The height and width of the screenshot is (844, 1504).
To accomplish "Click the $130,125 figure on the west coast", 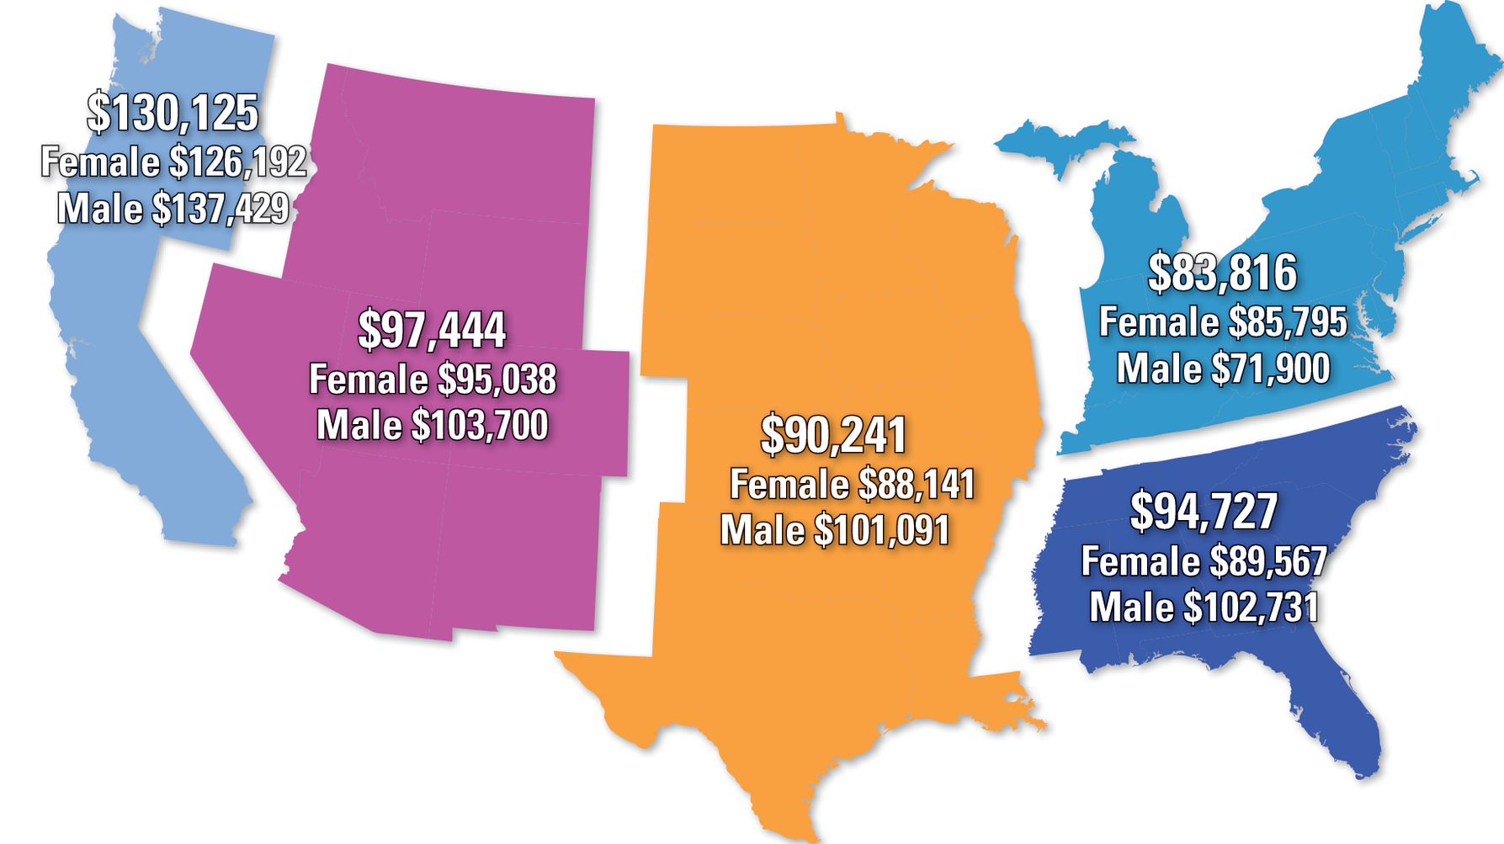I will [173, 114].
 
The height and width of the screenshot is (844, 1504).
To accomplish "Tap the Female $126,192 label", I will [173, 162].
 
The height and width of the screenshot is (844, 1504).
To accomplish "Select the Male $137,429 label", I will [173, 209].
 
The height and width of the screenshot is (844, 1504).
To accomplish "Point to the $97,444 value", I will [432, 330].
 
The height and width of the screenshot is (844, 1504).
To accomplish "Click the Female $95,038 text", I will [433, 380].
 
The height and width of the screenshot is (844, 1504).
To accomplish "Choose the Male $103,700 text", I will [433, 426].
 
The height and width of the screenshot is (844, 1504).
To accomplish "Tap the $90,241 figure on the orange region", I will [833, 435].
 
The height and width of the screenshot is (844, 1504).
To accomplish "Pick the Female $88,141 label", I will [852, 485].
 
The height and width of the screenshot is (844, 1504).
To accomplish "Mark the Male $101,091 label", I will [835, 531].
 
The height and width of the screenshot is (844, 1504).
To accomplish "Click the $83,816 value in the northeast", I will [1223, 273].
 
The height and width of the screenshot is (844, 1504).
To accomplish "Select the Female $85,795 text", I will [1223, 323].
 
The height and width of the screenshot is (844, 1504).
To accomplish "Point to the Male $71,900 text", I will [1223, 369].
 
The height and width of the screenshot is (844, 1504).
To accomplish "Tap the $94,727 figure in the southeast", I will [1204, 512].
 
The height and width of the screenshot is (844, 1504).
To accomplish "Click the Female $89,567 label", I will [1204, 561].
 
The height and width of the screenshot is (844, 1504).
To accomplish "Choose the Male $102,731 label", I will [1204, 608].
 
